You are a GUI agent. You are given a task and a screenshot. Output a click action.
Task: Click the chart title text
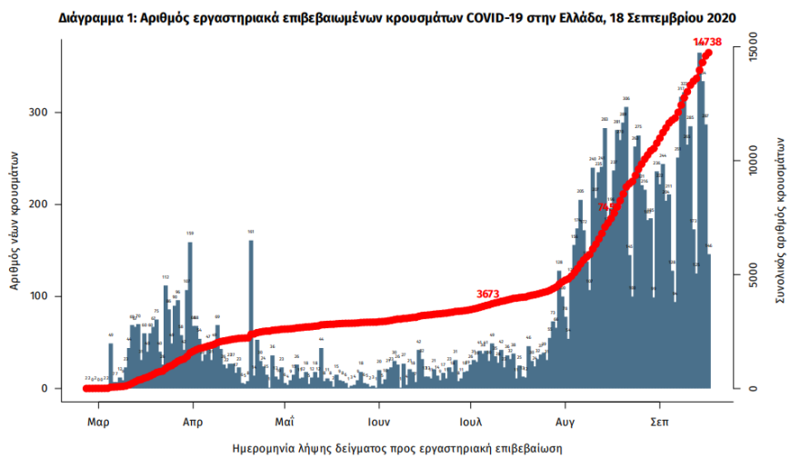coord(397,17)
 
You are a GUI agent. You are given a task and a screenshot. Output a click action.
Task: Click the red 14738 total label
coord(706,42)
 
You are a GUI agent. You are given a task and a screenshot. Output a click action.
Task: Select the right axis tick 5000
coord(747,274)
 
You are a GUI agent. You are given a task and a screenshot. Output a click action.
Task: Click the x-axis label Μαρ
coord(99,423)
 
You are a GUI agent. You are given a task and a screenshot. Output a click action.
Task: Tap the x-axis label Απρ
coord(192,423)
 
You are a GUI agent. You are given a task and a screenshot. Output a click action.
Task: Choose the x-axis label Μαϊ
coord(285,423)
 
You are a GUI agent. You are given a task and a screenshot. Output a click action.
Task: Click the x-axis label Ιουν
coord(379,423)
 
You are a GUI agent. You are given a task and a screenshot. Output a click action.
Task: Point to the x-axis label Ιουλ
coord(471,423)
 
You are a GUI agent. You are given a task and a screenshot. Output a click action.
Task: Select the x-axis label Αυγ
coord(565,423)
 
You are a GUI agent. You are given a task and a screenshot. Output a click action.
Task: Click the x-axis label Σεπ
coord(660,423)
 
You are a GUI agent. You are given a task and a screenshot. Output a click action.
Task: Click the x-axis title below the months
coord(397,448)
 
